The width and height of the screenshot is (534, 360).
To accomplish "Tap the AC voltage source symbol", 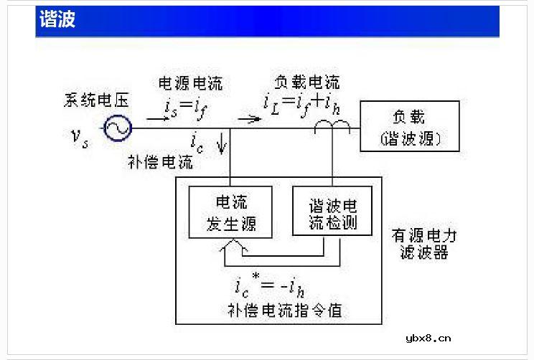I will pyautogui.click(x=116, y=129).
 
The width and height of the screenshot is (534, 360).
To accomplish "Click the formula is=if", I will pyautogui.click(x=184, y=109).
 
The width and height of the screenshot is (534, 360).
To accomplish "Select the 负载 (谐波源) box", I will pyautogui.click(x=410, y=126).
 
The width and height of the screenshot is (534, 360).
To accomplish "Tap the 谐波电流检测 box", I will pyautogui.click(x=333, y=210).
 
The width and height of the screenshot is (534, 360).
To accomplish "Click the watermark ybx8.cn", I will pyautogui.click(x=428, y=338).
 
